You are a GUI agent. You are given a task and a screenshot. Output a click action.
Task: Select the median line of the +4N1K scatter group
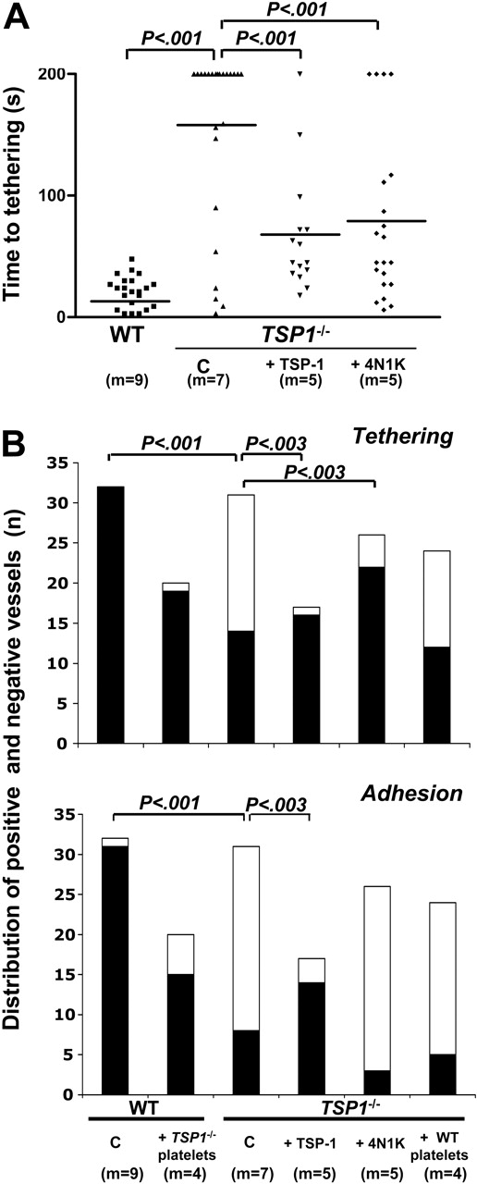(380, 221)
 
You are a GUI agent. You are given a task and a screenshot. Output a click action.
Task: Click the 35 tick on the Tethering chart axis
(68, 465)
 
